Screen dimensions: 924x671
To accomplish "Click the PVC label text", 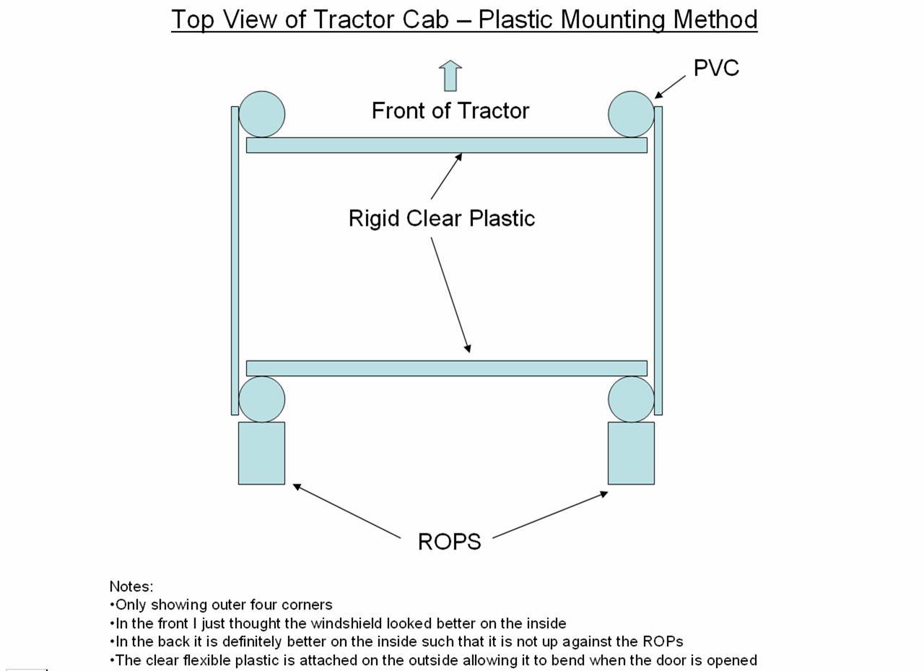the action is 716,68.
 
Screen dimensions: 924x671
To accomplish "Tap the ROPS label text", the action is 450,542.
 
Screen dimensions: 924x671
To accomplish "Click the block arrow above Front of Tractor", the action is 450,76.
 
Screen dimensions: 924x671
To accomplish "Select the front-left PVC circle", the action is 261,114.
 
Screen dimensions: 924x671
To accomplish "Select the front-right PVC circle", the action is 631,114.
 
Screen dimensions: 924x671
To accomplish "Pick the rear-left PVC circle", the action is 261,399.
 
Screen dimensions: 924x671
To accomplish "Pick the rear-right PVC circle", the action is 631,399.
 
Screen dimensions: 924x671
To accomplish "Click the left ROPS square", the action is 261,453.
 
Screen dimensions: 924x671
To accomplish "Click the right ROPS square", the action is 631,453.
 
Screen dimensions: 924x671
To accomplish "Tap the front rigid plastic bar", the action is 447,145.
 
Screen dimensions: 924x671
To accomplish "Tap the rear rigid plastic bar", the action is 447,368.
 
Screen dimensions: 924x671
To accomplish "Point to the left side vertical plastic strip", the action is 235,261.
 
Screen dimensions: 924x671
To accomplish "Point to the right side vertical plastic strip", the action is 658,261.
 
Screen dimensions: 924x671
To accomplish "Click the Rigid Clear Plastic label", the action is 442,218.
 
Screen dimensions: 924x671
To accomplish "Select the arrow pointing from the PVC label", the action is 671,87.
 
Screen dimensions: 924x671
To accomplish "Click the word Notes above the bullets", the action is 131,586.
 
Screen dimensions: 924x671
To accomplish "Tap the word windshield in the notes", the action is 346,623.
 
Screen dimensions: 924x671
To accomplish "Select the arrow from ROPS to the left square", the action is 346,511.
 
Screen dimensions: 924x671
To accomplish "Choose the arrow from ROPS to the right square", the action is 550,514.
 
